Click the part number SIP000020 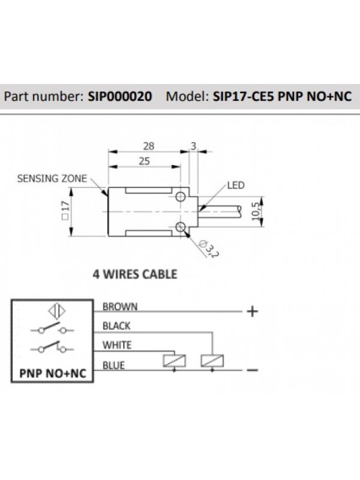pyautogui.click(x=119, y=95)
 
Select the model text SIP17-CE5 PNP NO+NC pyautogui.click(x=282, y=95)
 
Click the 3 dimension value pyautogui.click(x=193, y=146)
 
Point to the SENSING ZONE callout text pyautogui.click(x=52, y=178)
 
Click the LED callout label pyautogui.click(x=236, y=186)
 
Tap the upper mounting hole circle pyautogui.click(x=181, y=197)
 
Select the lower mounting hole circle pyautogui.click(x=181, y=226)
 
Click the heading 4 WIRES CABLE pyautogui.click(x=134, y=275)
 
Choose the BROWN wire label pyautogui.click(x=120, y=307)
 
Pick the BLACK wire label pyautogui.click(x=117, y=326)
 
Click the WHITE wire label pyautogui.click(x=117, y=346)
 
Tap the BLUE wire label pyautogui.click(x=114, y=365)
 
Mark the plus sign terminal pyautogui.click(x=252, y=312)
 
